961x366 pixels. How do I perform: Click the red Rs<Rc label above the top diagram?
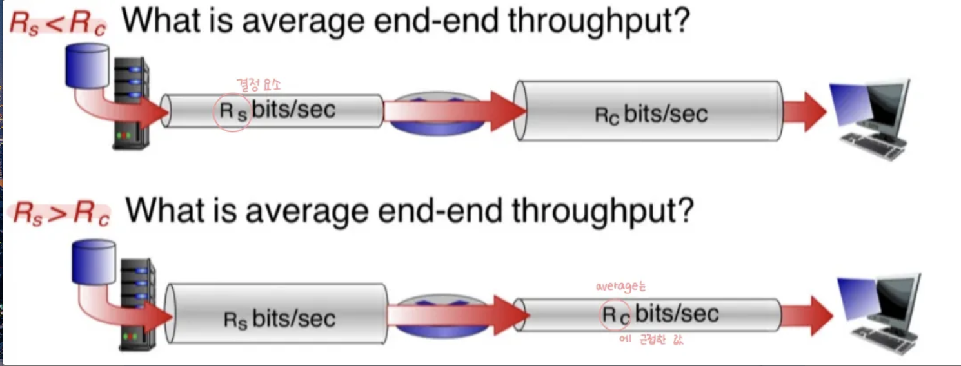(x=57, y=24)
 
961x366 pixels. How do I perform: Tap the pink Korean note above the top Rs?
(x=259, y=84)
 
